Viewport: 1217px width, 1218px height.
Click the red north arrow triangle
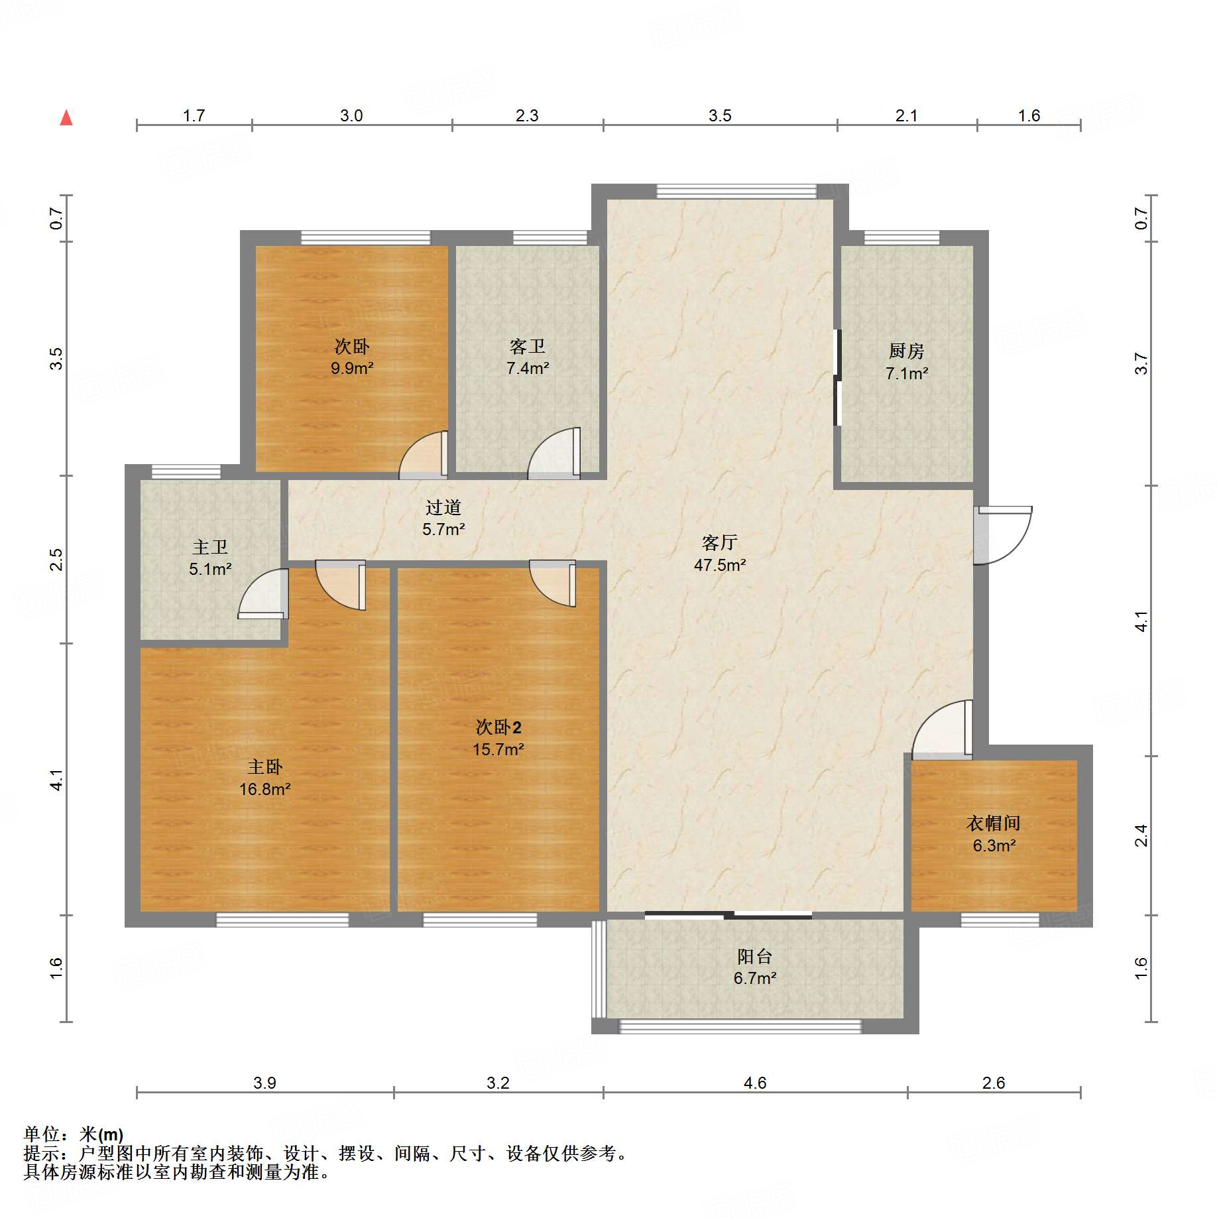(66, 118)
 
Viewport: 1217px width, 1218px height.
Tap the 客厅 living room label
(719, 543)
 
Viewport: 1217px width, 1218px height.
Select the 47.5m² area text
(719, 565)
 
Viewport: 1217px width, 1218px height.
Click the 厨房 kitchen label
(906, 351)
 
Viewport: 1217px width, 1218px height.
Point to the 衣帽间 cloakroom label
(993, 823)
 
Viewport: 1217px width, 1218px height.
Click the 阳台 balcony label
(754, 956)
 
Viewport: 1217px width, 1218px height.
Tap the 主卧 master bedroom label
(264, 767)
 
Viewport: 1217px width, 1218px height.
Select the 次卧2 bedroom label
(498, 727)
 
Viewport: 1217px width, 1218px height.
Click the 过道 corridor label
(443, 508)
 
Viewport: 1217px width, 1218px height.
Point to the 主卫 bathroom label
(209, 547)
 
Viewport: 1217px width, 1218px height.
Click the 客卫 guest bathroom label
(527, 346)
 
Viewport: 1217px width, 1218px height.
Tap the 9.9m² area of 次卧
(352, 368)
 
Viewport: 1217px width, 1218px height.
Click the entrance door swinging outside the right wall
(1002, 534)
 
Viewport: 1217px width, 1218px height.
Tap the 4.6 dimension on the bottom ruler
(754, 1083)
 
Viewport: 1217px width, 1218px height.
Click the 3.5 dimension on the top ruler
(719, 116)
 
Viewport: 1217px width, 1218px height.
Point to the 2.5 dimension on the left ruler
(56, 559)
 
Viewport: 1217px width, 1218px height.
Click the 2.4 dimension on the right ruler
(1141, 835)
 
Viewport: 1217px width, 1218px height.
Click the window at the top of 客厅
(736, 192)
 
